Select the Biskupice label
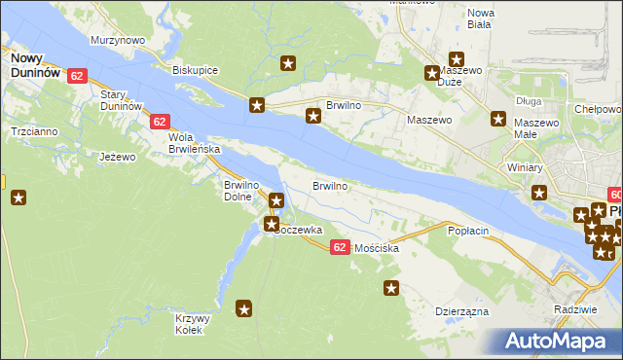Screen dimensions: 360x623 195,71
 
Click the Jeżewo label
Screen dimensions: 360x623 118,156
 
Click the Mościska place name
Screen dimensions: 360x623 378,249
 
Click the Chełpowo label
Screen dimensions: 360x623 597,109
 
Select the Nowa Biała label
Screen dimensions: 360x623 481,19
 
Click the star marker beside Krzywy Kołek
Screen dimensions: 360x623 244,309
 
